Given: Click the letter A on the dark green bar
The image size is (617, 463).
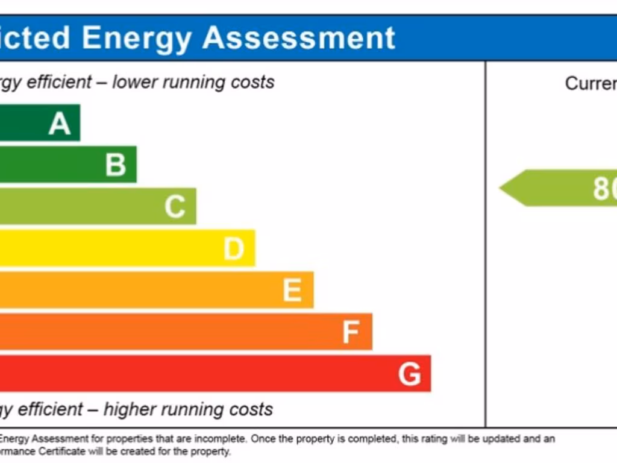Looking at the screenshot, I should coord(60,124).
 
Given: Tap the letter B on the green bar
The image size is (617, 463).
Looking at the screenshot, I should coord(116,165).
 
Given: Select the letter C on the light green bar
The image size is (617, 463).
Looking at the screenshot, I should coord(175,207).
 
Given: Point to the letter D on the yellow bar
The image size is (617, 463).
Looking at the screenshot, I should coord(234,248).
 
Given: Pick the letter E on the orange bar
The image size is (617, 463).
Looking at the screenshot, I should coord(292,291).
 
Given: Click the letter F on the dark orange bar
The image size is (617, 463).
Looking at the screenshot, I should coord(351,332).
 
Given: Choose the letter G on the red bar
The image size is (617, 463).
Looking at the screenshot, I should coord(409,374).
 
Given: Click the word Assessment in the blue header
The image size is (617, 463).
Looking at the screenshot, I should coord(299,37).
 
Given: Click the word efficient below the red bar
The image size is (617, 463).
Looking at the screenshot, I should coord(50,409).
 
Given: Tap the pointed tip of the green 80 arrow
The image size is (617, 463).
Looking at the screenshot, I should coord(502,188).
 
